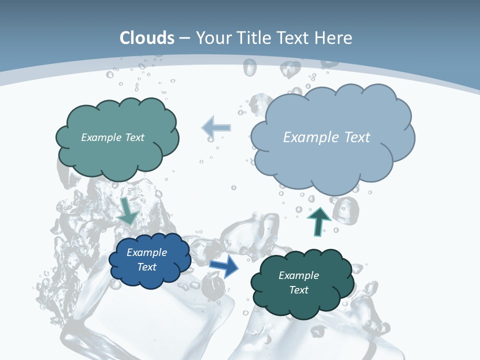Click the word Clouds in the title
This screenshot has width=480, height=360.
[x=147, y=37]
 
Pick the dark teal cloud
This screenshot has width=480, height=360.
[x=270, y=300]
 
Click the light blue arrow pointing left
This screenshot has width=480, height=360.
[x=217, y=127]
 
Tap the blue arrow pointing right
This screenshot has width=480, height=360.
[x=224, y=266]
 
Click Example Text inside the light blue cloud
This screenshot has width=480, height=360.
[x=326, y=137]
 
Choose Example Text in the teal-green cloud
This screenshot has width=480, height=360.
[x=112, y=137]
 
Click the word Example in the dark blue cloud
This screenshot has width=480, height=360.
[x=146, y=252]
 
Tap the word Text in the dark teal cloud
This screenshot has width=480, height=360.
[x=298, y=290]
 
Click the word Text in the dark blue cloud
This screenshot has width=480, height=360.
[x=146, y=267]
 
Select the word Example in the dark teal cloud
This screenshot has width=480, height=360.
[x=298, y=275]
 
